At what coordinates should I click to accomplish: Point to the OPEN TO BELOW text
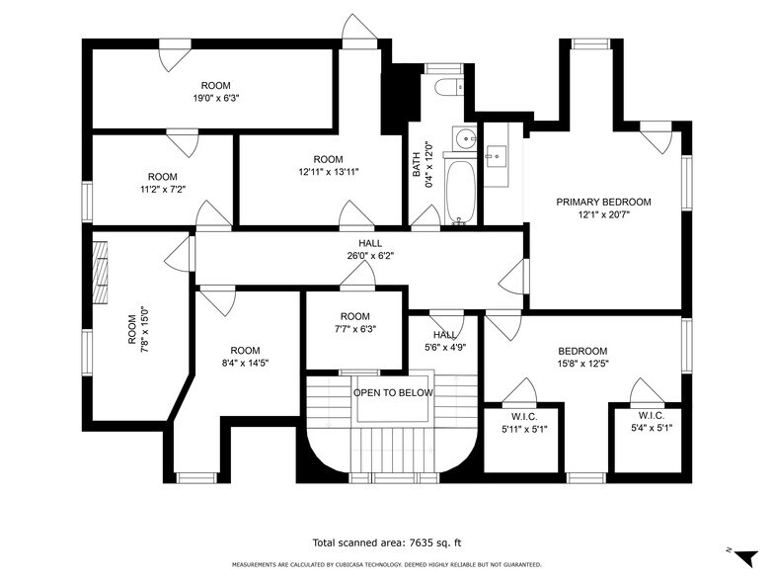click(x=393, y=392)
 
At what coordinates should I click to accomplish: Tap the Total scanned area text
click(x=386, y=542)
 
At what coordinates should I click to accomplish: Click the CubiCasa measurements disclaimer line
click(x=386, y=564)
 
